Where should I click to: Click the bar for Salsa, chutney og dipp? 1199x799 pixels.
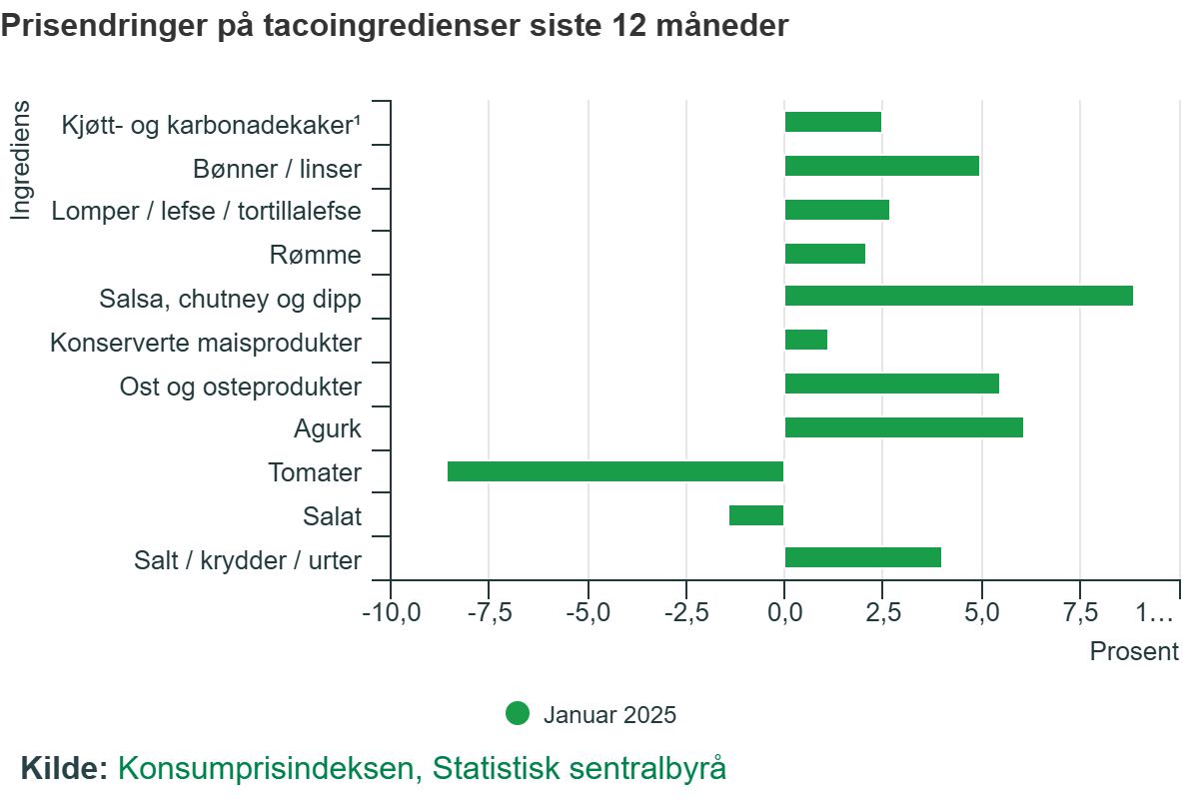[x=958, y=296]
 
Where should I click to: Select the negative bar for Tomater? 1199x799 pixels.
[x=615, y=471]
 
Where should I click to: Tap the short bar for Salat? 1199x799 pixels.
[x=756, y=515]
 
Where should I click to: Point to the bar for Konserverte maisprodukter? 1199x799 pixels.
[x=805, y=340]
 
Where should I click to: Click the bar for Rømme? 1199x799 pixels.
[x=824, y=254]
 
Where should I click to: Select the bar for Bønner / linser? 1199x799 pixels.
[x=881, y=166]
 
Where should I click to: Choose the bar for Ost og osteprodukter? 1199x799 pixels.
[x=891, y=384]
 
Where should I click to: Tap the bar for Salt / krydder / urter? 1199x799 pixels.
[x=862, y=557]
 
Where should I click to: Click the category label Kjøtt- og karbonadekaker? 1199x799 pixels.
[x=210, y=125]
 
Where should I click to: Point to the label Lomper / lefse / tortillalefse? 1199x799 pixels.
[x=206, y=212]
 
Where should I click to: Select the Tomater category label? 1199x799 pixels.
[x=315, y=472]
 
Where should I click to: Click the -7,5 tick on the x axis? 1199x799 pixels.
[x=489, y=612]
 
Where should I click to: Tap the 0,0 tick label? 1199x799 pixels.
[x=784, y=612]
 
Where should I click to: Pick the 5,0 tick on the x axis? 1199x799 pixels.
[x=981, y=612]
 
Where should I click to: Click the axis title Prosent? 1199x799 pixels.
[x=1134, y=652]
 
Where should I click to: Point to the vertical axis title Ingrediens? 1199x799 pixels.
[x=21, y=160]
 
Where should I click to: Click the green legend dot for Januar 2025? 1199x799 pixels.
[x=518, y=714]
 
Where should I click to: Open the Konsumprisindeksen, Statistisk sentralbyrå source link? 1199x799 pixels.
[x=422, y=768]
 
